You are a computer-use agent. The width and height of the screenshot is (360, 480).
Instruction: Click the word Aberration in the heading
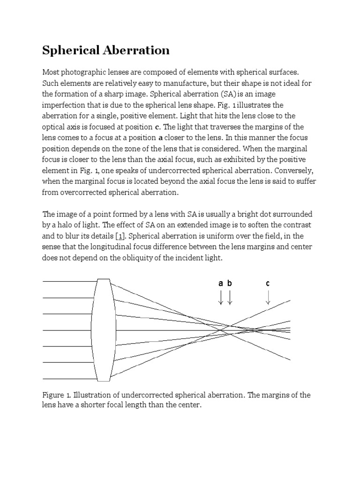(138, 50)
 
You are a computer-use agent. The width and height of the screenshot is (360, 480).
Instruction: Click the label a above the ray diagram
(221, 283)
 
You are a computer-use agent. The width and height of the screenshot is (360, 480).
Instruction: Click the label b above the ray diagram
(230, 283)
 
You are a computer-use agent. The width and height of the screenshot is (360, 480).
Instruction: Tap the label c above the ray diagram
(268, 283)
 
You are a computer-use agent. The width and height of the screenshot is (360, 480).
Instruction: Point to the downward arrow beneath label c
(268, 297)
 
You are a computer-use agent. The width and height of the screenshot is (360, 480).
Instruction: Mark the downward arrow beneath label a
(221, 297)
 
